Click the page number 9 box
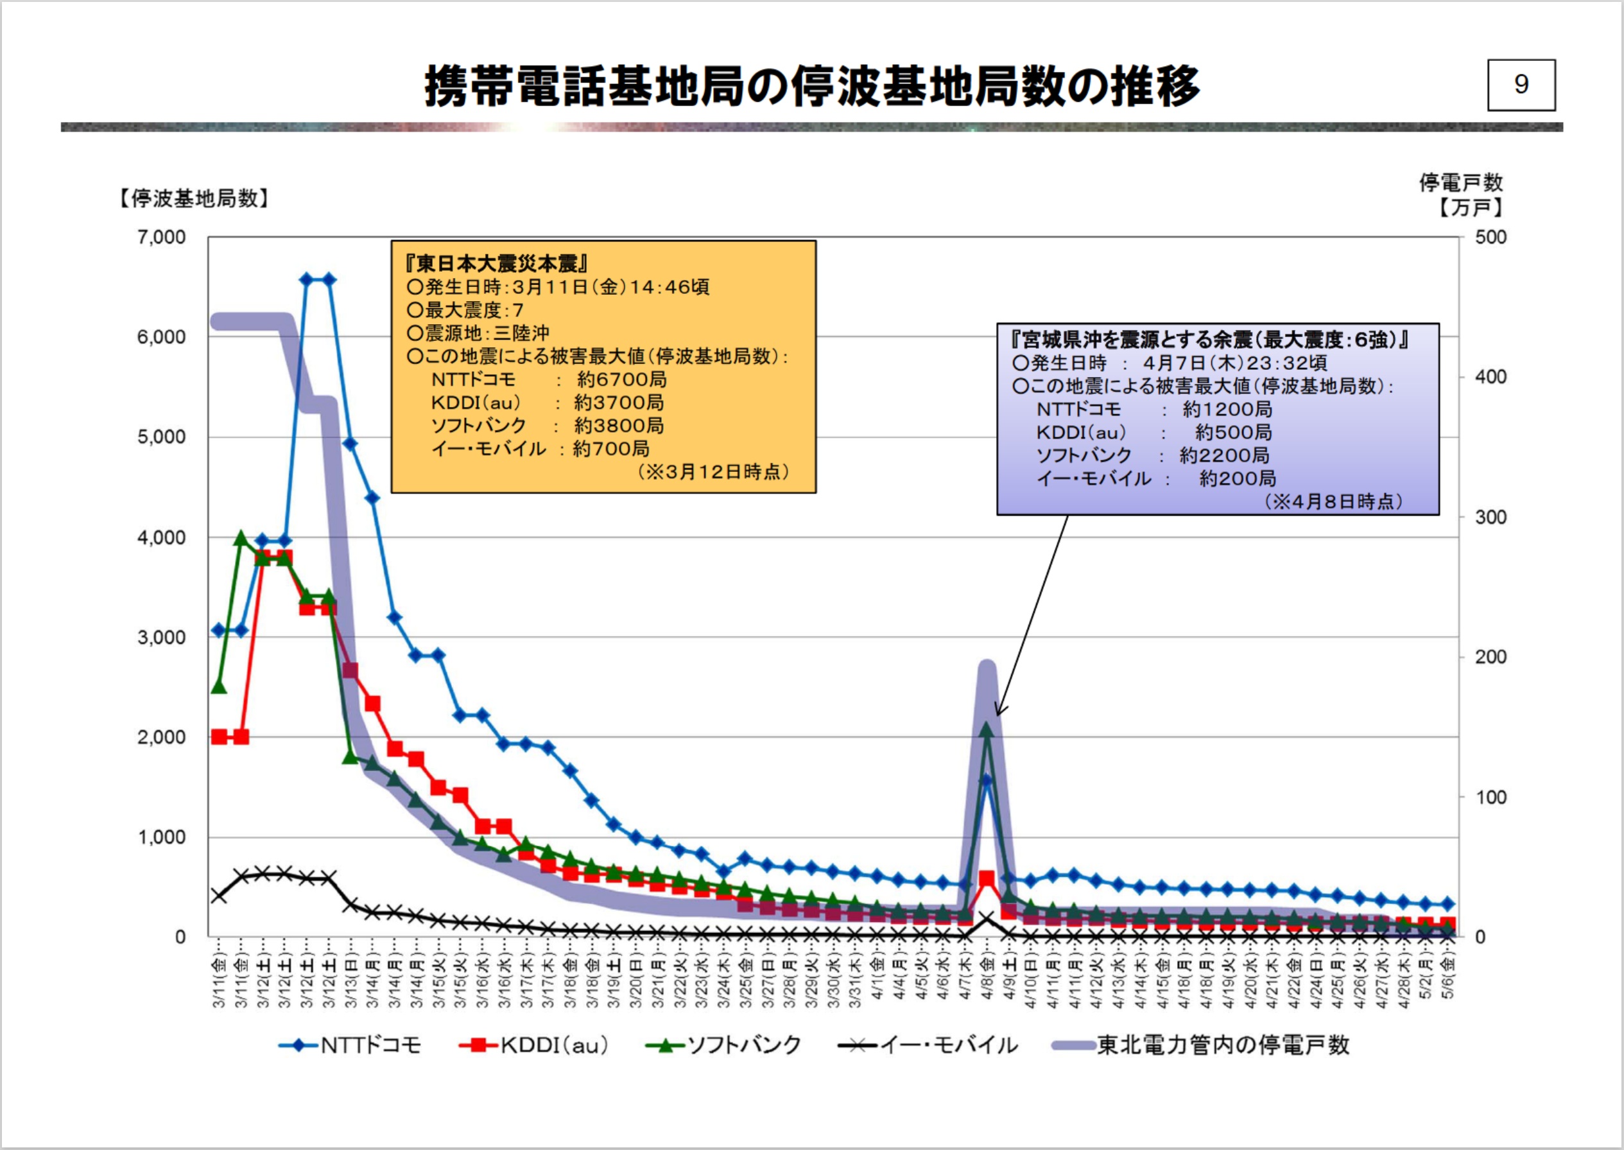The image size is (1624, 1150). (1521, 85)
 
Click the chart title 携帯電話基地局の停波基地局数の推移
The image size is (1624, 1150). (811, 87)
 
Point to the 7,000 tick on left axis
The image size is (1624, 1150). (161, 237)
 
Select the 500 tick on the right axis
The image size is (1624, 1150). (1490, 237)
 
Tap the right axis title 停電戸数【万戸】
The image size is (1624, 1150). (1460, 195)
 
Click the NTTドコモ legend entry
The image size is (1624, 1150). (351, 1045)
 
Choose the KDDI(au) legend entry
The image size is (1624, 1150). (535, 1045)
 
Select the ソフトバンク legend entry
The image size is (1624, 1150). (724, 1045)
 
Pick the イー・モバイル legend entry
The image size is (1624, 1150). (928, 1045)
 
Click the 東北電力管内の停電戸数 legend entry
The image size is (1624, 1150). (1202, 1045)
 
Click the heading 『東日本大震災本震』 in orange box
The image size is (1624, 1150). (496, 264)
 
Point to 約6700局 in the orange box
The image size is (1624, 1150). (621, 379)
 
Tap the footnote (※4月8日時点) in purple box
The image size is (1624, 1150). (1333, 502)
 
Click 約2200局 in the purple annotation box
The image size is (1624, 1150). (1224, 455)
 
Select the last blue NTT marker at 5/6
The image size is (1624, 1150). (1447, 904)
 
